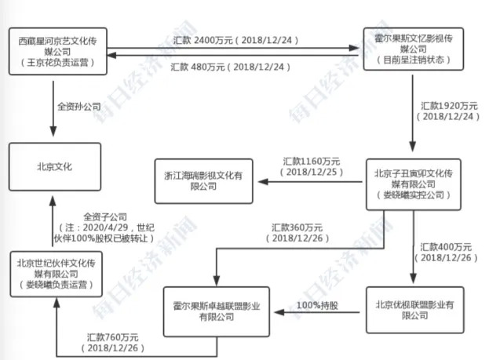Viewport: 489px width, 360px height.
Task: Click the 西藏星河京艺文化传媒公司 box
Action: coord(58,52)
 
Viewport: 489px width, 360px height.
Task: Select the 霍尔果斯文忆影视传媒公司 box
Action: coord(414,49)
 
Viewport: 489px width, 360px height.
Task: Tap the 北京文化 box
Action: coord(55,167)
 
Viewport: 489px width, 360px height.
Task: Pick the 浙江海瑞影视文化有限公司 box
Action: coord(203,181)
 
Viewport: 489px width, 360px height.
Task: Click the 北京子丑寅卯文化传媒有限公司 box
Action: coord(414,184)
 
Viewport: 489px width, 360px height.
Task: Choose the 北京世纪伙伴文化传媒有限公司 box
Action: coord(57,274)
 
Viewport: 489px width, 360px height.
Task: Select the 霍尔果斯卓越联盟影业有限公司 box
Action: coord(217,311)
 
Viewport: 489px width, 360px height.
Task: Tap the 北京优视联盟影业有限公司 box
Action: coord(414,310)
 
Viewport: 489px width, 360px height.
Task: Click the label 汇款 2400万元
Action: coord(203,40)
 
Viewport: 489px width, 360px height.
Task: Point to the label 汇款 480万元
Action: coord(198,67)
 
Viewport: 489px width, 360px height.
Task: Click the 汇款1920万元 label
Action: coord(449,106)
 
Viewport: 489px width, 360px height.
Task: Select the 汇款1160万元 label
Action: coord(312,162)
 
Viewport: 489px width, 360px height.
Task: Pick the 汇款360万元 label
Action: coord(297,227)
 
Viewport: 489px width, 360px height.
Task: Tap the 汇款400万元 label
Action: coord(446,247)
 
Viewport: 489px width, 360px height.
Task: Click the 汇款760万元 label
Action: coord(112,337)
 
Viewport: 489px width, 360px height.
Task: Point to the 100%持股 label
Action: coord(317,305)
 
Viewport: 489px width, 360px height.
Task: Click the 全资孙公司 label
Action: coord(79,107)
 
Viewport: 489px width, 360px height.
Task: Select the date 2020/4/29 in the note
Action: coord(105,227)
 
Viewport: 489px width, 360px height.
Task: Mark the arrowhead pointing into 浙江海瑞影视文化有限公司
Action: coord(263,182)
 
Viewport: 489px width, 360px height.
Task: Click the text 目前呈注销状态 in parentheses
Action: coord(414,60)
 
